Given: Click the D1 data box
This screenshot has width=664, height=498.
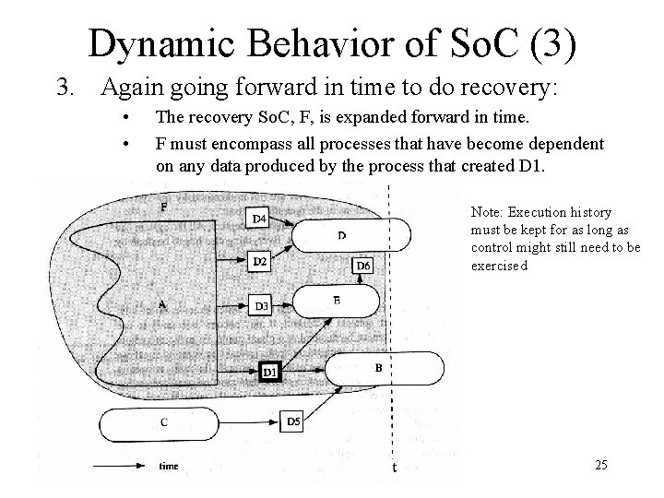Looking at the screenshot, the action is [269, 372].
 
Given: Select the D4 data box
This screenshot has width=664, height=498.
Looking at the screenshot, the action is [260, 219].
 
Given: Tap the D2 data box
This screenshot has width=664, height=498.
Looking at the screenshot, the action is [260, 262].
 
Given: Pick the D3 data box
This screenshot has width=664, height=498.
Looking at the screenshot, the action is [261, 305].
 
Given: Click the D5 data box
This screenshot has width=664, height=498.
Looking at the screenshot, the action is [293, 421].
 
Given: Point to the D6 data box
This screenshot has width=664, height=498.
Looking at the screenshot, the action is [363, 266].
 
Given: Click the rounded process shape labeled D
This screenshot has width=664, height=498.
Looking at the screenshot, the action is [341, 234].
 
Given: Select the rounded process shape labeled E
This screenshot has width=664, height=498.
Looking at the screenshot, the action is [336, 300].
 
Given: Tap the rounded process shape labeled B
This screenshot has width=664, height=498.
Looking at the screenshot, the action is [378, 367].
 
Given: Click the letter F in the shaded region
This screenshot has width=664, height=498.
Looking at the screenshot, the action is [164, 207].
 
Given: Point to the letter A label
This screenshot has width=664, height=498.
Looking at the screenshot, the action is [162, 303].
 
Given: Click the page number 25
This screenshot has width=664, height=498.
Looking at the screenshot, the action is [601, 465].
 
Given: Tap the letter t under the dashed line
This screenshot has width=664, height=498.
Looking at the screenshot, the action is [395, 468].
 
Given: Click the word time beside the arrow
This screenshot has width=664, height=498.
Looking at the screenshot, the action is [169, 466].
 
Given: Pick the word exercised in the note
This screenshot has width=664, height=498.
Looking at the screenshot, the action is [499, 266].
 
